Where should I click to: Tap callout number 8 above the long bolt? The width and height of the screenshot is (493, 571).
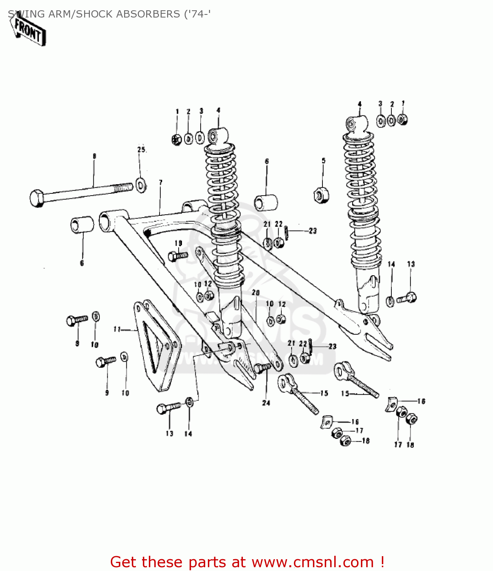pyautogui.click(x=94, y=156)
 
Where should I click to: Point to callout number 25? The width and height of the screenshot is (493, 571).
pyautogui.click(x=141, y=150)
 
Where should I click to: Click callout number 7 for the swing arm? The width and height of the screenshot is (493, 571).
pyautogui.click(x=161, y=183)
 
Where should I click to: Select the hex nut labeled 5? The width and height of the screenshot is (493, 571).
pyautogui.click(x=321, y=195)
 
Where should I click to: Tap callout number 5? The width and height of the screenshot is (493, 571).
pyautogui.click(x=324, y=161)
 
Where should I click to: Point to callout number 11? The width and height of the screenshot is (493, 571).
pyautogui.click(x=117, y=329)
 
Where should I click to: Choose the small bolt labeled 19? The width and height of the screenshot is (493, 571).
pyautogui.click(x=177, y=256)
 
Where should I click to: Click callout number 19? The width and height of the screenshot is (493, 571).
pyautogui.click(x=179, y=243)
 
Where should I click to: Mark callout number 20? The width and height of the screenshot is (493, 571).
pyautogui.click(x=255, y=292)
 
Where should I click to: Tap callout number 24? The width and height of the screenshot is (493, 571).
pyautogui.click(x=266, y=403)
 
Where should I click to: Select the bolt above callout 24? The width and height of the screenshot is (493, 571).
pyautogui.click(x=262, y=368)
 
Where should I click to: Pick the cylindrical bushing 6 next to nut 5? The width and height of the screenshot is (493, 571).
pyautogui.click(x=266, y=203)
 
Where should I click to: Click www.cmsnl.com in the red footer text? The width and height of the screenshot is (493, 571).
pyautogui.click(x=313, y=562)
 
